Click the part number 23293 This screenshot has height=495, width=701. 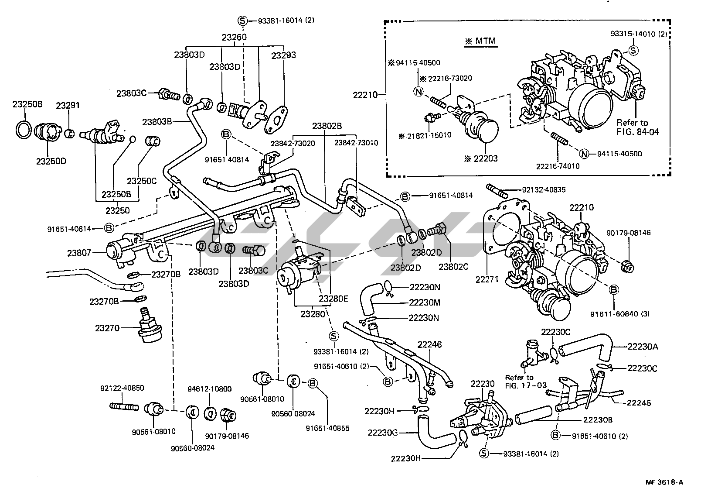(283, 55)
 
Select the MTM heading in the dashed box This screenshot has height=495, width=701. (481, 42)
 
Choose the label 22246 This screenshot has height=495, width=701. (429, 345)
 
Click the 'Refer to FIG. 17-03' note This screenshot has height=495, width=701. (519, 381)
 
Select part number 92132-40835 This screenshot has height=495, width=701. (544, 190)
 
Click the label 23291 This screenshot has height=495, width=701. (68, 105)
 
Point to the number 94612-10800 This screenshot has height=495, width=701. (210, 389)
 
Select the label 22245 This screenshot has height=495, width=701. (639, 403)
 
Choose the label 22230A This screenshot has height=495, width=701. (643, 347)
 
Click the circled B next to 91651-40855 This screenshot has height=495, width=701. (313, 383)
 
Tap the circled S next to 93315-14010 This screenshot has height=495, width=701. (633, 51)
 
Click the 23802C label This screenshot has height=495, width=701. (453, 266)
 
